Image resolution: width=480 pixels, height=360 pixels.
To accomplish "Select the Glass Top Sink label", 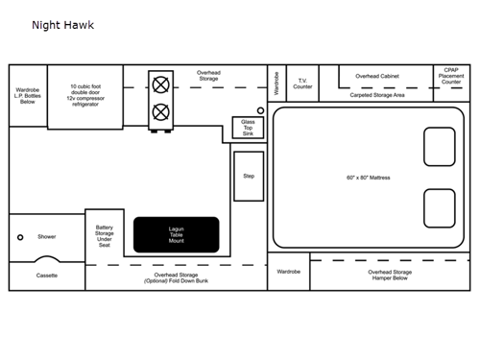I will pyautogui.click(x=249, y=128).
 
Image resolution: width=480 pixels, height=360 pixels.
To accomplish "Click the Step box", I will pyautogui.click(x=249, y=177).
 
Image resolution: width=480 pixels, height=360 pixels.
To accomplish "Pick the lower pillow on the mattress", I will pyautogui.click(x=439, y=208).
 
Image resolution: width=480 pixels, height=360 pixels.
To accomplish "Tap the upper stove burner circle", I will pyautogui.click(x=160, y=84).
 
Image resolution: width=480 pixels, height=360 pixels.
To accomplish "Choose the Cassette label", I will pyautogui.click(x=47, y=276).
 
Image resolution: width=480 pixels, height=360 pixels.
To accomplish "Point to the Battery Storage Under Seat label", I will pyautogui.click(x=105, y=236).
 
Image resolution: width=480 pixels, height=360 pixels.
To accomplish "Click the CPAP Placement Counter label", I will pyautogui.click(x=451, y=77).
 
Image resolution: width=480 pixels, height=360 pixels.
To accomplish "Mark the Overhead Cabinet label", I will pyautogui.click(x=377, y=76).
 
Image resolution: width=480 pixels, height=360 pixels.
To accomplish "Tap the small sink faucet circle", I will pyautogui.click(x=260, y=111).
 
